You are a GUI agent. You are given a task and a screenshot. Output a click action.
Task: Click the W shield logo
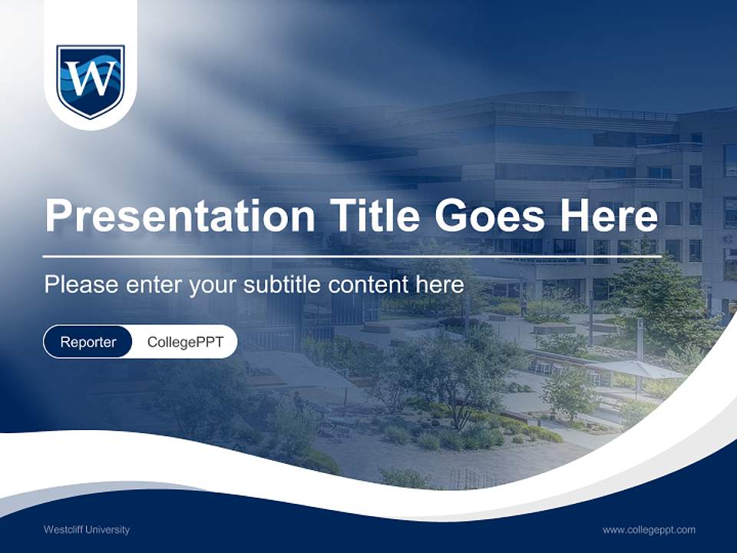pos(91,80)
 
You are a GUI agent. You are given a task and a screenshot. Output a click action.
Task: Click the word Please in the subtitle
pos(80,285)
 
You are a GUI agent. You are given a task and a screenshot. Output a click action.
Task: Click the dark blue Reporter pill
pos(88,342)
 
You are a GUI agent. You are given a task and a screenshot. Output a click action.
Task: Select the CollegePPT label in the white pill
pos(185,342)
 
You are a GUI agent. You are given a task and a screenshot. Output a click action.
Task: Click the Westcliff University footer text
pos(87,529)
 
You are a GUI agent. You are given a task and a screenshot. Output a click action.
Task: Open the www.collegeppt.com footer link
pos(649,529)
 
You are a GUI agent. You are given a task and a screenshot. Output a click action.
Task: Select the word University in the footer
pos(107,529)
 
